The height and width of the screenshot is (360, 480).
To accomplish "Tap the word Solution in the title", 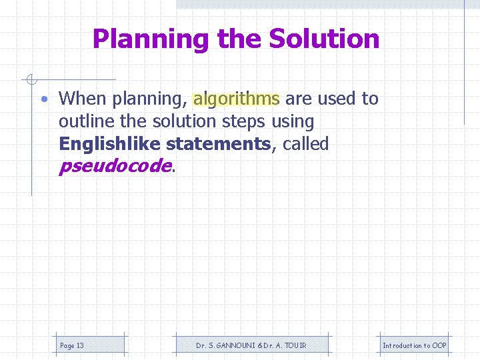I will point(324,39).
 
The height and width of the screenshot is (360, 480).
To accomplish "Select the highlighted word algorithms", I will point(236,99).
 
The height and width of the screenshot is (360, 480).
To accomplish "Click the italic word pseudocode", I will point(115,167).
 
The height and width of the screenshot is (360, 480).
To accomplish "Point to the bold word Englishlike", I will point(110,144).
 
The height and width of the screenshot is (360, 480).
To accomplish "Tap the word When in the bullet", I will point(83,99).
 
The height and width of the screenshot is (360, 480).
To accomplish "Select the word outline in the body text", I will point(83,122).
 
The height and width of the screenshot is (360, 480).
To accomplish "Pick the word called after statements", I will point(306,144).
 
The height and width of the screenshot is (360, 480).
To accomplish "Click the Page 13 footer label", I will point(72,345).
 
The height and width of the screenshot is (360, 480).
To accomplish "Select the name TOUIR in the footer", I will point(294,345).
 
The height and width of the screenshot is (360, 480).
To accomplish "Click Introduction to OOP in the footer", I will point(415,345).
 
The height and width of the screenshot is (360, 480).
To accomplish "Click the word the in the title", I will point(239,39).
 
